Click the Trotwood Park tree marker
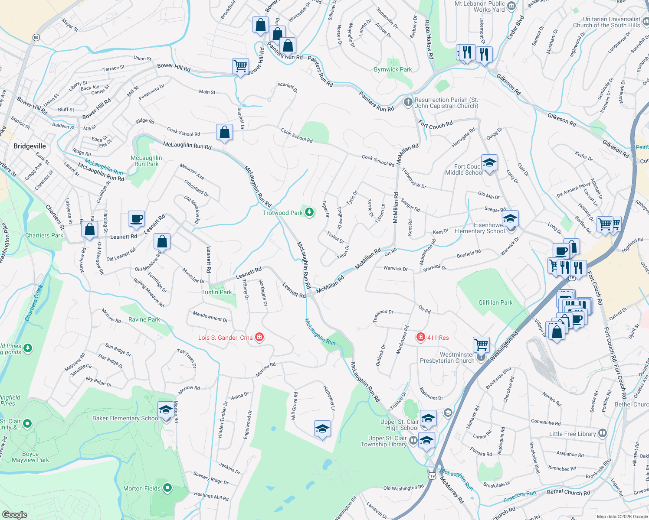point(309,212)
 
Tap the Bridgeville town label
point(29,146)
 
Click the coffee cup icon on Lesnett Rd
point(136,219)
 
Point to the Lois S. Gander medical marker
point(259,337)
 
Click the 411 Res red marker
point(420,337)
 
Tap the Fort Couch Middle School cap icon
point(489,163)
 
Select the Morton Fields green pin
point(167,488)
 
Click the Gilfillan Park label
point(495,302)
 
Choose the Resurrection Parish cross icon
point(408,102)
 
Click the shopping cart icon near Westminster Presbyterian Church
point(481,345)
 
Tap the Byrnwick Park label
point(393,69)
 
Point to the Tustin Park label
point(216,292)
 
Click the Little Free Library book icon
point(602,433)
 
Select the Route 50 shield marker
point(36,38)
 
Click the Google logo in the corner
point(14,514)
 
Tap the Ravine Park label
point(144,319)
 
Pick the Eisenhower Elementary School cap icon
point(511,218)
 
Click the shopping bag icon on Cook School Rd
point(224,132)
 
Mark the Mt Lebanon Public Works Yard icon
point(511,6)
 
